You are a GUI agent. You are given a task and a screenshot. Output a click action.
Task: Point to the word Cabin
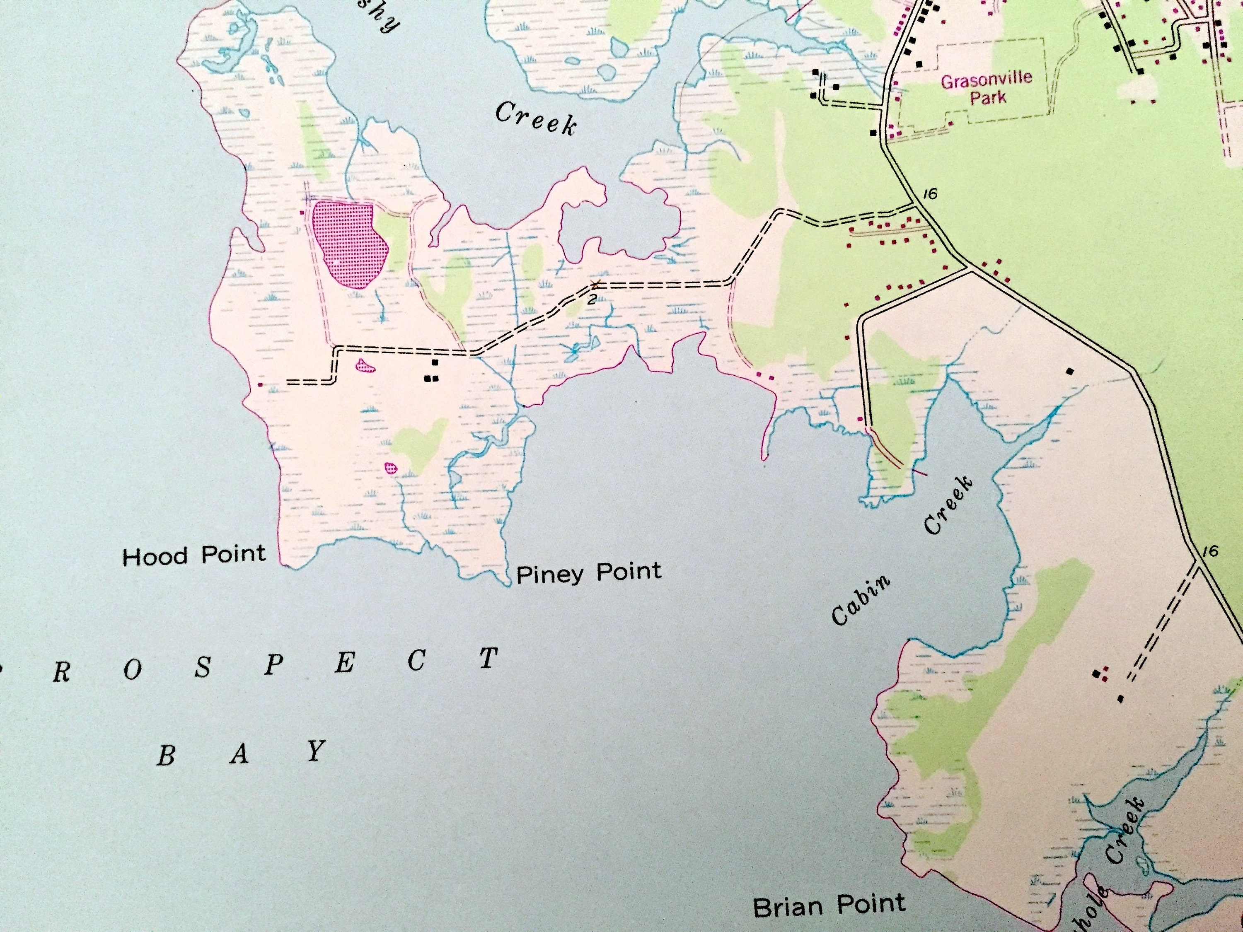coord(861,600)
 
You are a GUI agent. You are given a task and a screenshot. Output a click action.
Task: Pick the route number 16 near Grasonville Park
coord(931,194)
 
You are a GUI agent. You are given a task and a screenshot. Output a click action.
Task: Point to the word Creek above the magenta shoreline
coord(535,119)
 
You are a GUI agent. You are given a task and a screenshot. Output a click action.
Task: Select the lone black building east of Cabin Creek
coord(1070,371)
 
